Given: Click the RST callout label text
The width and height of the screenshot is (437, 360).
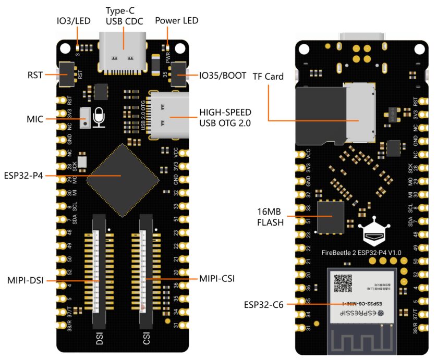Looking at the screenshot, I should coord(35,75).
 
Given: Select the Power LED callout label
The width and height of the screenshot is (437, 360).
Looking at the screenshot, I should coord(176,20).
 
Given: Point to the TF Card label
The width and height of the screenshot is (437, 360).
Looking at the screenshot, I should coord(268,77).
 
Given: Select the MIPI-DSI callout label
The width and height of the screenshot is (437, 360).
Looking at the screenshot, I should coord(25,281).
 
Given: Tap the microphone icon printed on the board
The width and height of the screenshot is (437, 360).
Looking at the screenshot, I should coord(98,118).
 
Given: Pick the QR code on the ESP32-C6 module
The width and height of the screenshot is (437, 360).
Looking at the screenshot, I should coord(343,283).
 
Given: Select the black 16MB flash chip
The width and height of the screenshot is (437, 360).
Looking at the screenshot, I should coord(331,217).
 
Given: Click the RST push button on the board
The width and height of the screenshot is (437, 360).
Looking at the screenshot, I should coord(67,75).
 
